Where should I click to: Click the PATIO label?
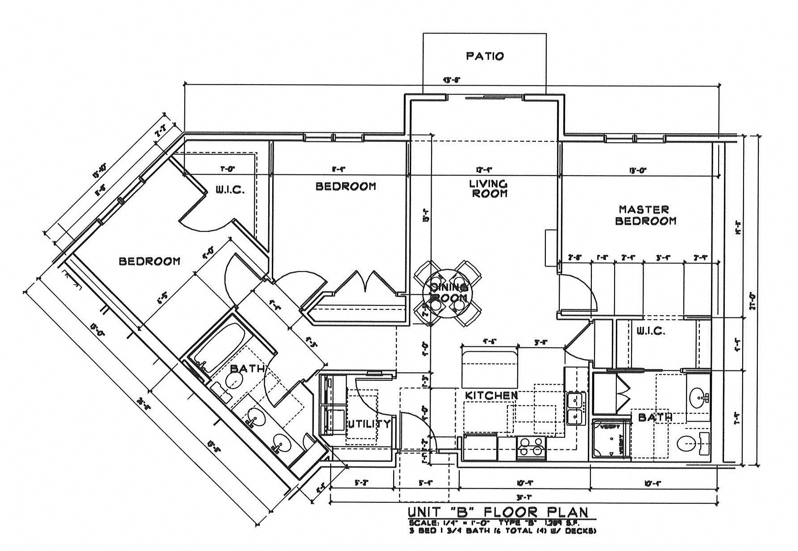(485, 56)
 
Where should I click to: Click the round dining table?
(448, 292)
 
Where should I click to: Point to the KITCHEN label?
(491, 395)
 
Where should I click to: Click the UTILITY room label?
(369, 424)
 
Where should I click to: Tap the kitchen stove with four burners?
(531, 448)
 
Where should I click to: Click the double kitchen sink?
(576, 409)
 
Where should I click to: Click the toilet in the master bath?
(688, 444)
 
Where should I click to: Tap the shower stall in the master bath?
(610, 439)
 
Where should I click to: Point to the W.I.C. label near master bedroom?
(651, 332)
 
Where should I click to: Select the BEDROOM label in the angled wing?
(150, 261)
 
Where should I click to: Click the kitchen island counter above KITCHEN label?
(490, 363)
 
